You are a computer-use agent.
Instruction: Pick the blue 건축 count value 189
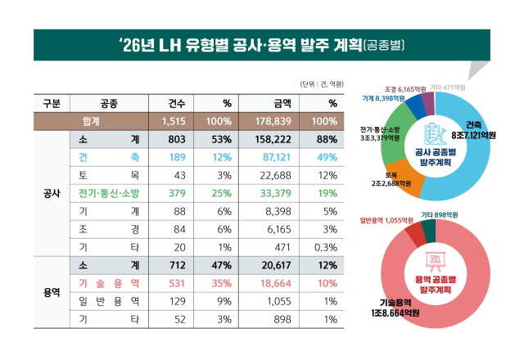[x=178, y=156]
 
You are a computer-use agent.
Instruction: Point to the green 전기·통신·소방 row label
[x=108, y=193]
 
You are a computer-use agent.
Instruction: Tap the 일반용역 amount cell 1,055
[x=281, y=300]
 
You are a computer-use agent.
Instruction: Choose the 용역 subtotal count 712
[x=178, y=264]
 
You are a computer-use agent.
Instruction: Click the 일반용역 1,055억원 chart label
[x=388, y=220]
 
